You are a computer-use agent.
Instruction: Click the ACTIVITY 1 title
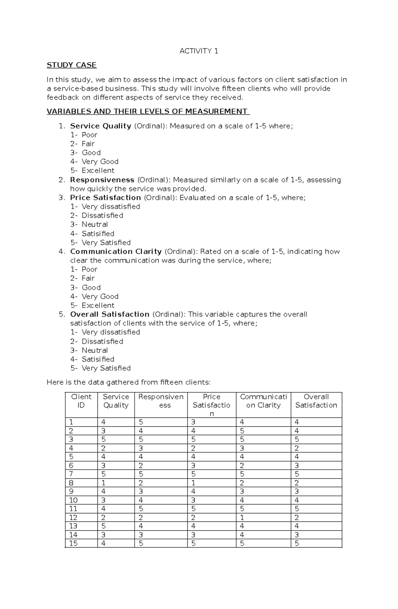click(199, 51)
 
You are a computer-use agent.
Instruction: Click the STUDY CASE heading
click(71, 65)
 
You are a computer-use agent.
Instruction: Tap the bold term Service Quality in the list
click(100, 126)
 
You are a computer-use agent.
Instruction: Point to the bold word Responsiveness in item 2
click(102, 180)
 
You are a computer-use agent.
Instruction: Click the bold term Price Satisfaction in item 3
click(105, 198)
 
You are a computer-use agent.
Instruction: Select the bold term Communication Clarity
click(116, 252)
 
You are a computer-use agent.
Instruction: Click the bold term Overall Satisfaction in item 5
click(109, 314)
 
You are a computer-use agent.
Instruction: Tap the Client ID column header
click(81, 401)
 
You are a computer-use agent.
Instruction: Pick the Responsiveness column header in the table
click(161, 401)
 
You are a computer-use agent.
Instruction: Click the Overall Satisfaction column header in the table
click(316, 401)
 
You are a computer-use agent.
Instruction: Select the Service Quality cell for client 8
click(116, 483)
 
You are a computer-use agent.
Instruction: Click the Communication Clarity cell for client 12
click(263, 517)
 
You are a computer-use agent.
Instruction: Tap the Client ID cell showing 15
click(81, 543)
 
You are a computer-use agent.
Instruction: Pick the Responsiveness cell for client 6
click(161, 466)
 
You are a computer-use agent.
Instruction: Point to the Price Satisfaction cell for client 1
click(212, 422)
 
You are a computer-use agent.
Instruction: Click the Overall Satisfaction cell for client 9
click(316, 492)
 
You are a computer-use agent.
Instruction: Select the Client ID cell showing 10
click(81, 500)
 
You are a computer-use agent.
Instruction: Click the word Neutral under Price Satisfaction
click(95, 224)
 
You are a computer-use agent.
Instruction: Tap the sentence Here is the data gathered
click(128, 382)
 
